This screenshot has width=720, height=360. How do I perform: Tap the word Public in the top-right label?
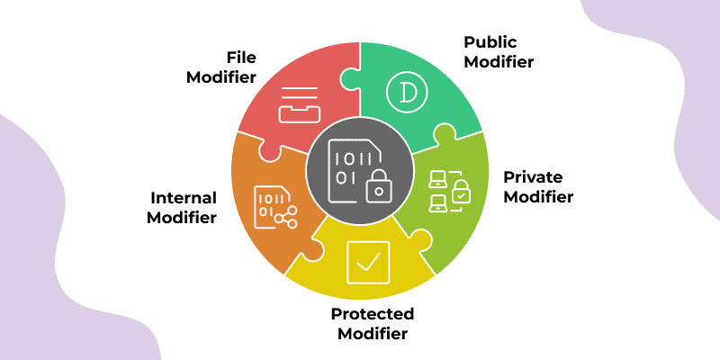(x=491, y=42)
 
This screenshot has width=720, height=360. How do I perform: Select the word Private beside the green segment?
(x=531, y=176)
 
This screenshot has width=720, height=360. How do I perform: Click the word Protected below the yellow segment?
(x=372, y=314)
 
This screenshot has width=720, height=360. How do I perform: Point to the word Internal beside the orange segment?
(x=184, y=197)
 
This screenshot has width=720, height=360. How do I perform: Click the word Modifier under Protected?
(x=372, y=334)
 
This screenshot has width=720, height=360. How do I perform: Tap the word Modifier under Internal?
(x=184, y=217)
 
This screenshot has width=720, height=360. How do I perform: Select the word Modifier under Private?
(x=537, y=196)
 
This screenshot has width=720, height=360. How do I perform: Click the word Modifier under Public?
(x=499, y=62)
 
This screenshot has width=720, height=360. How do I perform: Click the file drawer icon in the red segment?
(x=298, y=104)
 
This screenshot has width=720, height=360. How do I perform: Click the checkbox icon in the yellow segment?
(x=368, y=262)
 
